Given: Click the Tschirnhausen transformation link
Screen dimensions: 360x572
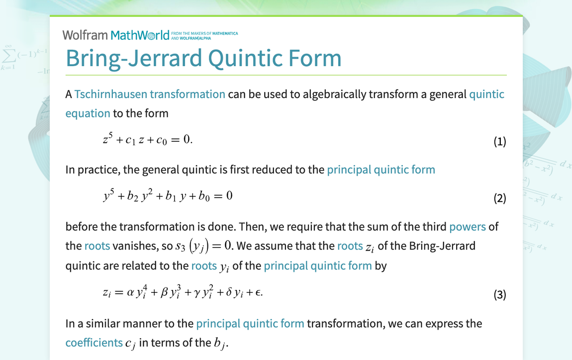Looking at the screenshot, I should (x=150, y=94).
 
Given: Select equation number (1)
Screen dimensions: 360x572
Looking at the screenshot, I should (x=499, y=142).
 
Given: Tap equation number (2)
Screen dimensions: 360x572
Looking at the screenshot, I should (x=499, y=198).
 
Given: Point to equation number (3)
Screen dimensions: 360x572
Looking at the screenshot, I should (x=499, y=295).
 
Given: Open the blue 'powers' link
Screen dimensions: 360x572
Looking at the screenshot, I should (x=467, y=227).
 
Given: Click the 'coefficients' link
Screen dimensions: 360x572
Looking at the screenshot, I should (x=94, y=343).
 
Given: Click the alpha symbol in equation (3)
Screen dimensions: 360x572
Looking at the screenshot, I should (x=131, y=293).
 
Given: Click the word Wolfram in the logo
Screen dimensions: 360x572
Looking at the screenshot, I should (x=85, y=35).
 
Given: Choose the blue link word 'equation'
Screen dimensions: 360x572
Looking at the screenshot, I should (x=88, y=113).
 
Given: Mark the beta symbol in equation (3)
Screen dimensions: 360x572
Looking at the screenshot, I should (x=165, y=293).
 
